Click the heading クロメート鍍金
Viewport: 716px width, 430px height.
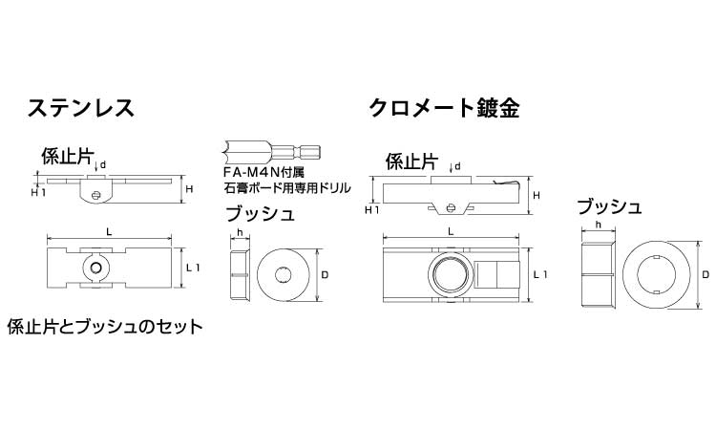(x=445, y=107)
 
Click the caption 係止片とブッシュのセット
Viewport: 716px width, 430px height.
(x=104, y=326)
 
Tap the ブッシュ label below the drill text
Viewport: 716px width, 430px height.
(x=260, y=214)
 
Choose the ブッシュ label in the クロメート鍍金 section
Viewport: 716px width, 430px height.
(x=609, y=205)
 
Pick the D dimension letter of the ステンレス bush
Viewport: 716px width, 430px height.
(x=326, y=275)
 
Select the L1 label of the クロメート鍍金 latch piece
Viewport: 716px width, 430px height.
(x=539, y=275)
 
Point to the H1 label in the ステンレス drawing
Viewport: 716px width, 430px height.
(x=38, y=192)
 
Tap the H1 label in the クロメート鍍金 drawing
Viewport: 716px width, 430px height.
(x=373, y=209)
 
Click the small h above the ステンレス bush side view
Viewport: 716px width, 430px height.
(x=241, y=232)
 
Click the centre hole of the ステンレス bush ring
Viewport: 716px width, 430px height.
(x=285, y=275)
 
